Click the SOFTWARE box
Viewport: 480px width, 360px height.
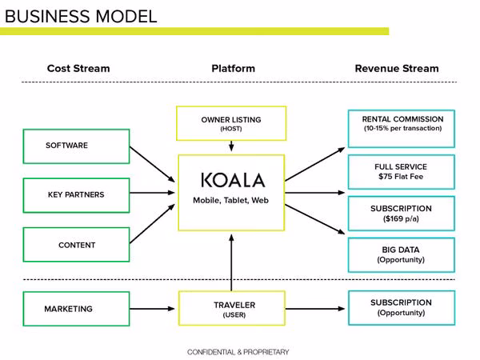(76, 146)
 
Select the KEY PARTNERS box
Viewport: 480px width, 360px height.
(76, 195)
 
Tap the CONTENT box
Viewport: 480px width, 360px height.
(76, 245)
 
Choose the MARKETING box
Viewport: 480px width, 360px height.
(76, 309)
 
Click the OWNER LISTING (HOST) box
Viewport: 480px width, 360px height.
(231, 123)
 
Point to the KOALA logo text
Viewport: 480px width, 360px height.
(233, 180)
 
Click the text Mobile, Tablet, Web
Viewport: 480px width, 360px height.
(231, 201)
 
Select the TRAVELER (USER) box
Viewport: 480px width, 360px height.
(232, 308)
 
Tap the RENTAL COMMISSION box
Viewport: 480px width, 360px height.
(402, 129)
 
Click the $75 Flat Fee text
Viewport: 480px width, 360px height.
(401, 177)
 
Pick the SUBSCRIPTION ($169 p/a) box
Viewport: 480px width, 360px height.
(402, 214)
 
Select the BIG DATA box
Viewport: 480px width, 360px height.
(402, 254)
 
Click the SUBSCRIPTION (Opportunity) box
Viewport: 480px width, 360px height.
(402, 308)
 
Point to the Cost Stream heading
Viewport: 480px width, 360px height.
(78, 68)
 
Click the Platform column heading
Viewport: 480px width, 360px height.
(234, 68)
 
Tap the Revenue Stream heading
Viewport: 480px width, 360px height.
(397, 68)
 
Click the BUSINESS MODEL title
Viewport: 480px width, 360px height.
(81, 16)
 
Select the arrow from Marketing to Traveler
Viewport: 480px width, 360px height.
(152, 309)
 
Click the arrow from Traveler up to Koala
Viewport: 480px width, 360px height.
(231, 262)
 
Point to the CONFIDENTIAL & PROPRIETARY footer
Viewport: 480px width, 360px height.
(238, 352)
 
